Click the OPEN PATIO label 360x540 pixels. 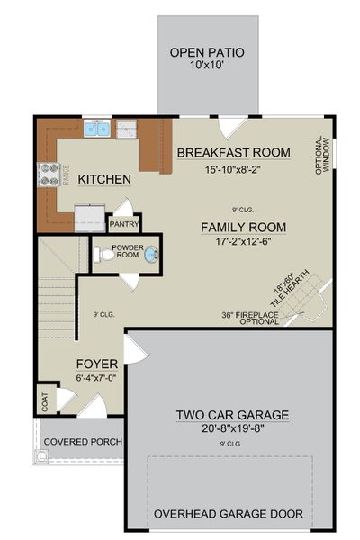206,52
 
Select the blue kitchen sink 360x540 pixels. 98,130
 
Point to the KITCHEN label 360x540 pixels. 104,180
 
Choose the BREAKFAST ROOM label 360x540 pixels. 233,153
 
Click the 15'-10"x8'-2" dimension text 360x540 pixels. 233,167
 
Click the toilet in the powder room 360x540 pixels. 107,256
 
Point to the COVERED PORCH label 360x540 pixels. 83,442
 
